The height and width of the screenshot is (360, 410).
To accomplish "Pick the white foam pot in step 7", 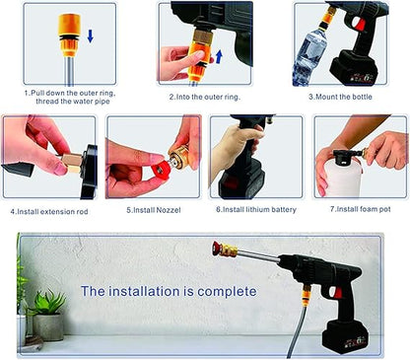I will (340, 176).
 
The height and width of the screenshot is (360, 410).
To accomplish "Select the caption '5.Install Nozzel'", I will (155, 210).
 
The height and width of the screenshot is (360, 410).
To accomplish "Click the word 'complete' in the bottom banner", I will (228, 291).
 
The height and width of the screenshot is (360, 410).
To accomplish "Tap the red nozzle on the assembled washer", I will (218, 246).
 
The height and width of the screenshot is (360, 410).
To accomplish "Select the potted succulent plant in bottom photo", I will (46, 314).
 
